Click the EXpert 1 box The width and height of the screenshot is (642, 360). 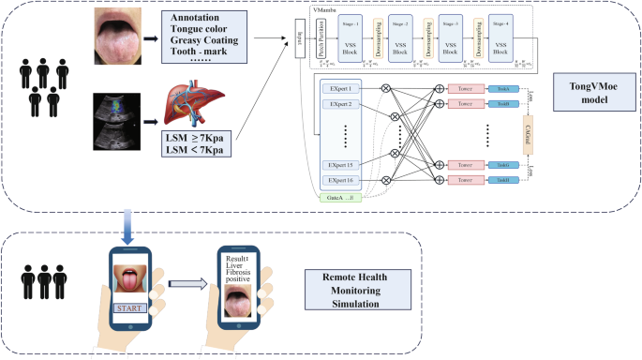pos(336,86)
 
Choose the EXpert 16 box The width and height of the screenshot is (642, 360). pos(336,179)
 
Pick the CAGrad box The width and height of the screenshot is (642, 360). pos(541,132)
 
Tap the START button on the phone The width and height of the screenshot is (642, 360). pos(129,307)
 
